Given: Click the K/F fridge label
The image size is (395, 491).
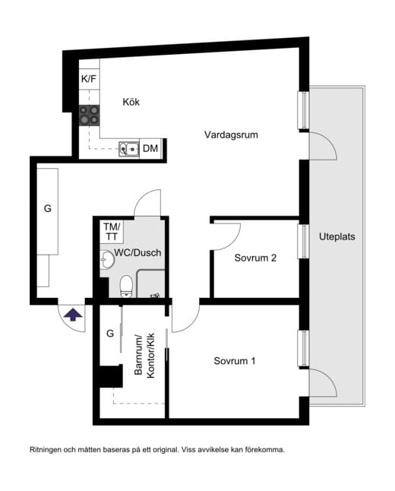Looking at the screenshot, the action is (x=89, y=79).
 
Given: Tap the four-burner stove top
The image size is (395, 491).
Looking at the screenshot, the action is (x=89, y=116).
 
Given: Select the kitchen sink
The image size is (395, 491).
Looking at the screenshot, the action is (x=128, y=149).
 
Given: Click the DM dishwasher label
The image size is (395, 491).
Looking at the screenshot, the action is (x=150, y=148).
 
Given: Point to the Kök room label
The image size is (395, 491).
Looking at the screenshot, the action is (x=131, y=102).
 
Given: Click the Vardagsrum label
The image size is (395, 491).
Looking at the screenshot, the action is (x=231, y=135).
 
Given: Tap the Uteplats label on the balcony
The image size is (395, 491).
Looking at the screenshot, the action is (x=337, y=236).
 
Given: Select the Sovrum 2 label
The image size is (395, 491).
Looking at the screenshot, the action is (x=255, y=258).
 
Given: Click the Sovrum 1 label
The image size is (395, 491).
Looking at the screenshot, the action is (x=235, y=361).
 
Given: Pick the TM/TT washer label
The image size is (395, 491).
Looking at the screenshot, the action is (x=112, y=232).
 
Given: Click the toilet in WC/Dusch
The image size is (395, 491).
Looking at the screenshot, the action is (x=126, y=286).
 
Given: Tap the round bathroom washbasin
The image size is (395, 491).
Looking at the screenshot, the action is (x=107, y=260).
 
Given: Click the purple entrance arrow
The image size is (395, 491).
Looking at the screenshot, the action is (x=73, y=315).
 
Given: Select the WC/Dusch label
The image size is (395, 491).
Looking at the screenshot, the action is (x=137, y=252).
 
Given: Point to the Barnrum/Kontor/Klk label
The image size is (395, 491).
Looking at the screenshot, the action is (x=144, y=355).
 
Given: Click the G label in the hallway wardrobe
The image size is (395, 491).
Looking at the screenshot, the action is (x=48, y=208).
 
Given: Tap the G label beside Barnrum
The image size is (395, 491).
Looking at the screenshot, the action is (x=110, y=334).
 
